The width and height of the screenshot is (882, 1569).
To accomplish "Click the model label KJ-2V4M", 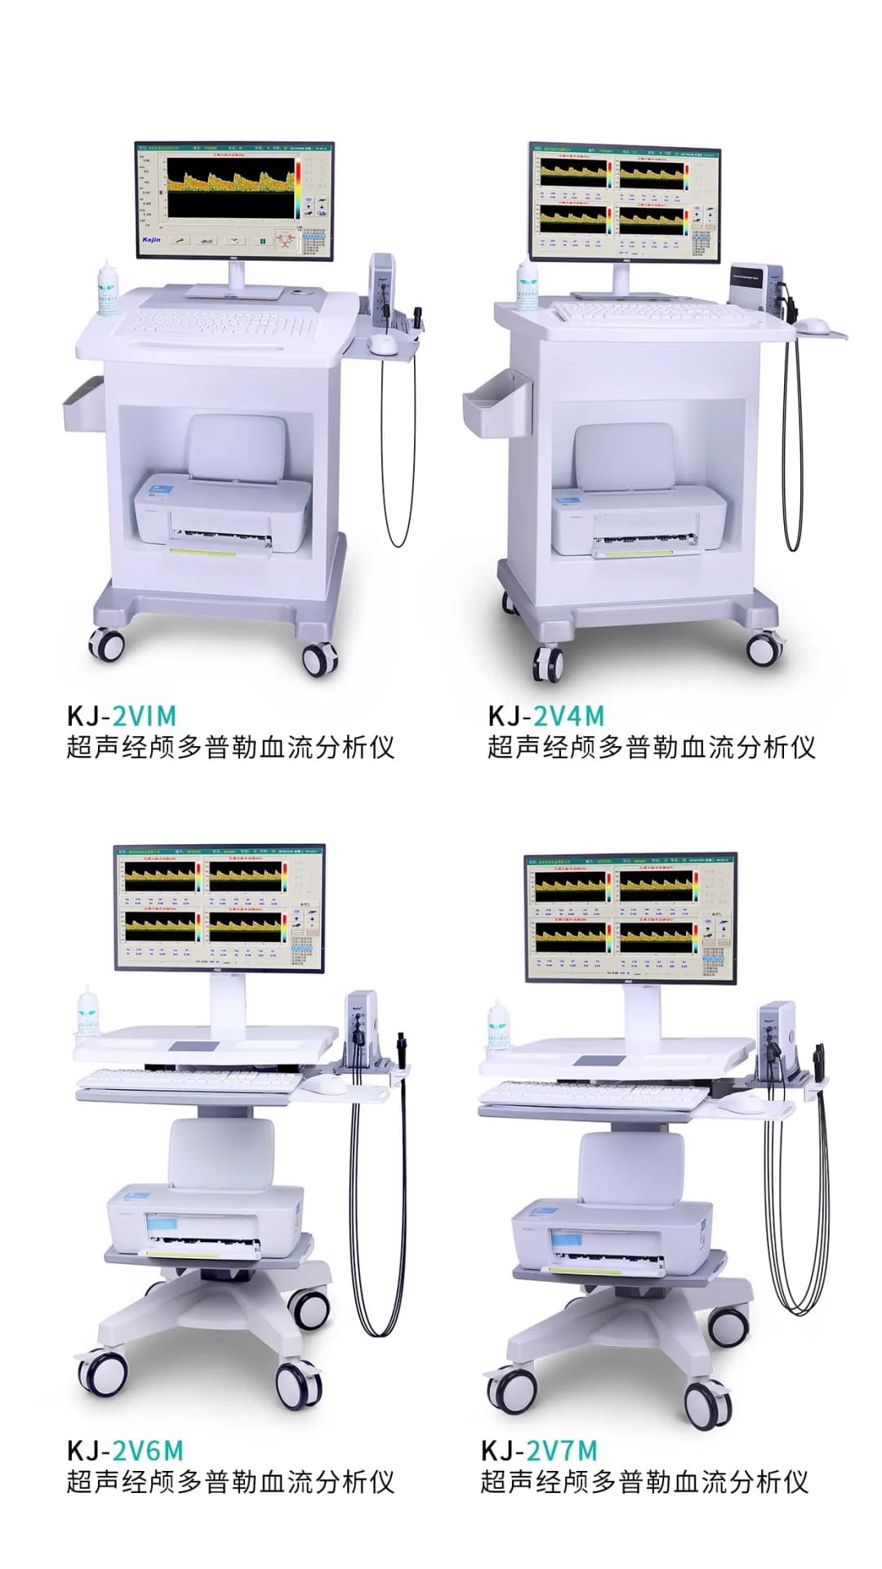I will pos(546,716).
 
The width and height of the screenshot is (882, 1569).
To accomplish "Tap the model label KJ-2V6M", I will pos(124,1451).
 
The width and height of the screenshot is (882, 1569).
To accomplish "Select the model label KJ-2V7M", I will pos(539,1451).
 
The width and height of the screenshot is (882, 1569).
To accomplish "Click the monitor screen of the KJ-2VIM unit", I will pos(234,200).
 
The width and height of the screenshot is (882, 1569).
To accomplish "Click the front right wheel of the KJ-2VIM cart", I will pos(319,658).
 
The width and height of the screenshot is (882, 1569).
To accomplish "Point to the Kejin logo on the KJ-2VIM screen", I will pos(152,239).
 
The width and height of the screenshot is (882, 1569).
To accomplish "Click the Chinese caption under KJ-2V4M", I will pos(651,747).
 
